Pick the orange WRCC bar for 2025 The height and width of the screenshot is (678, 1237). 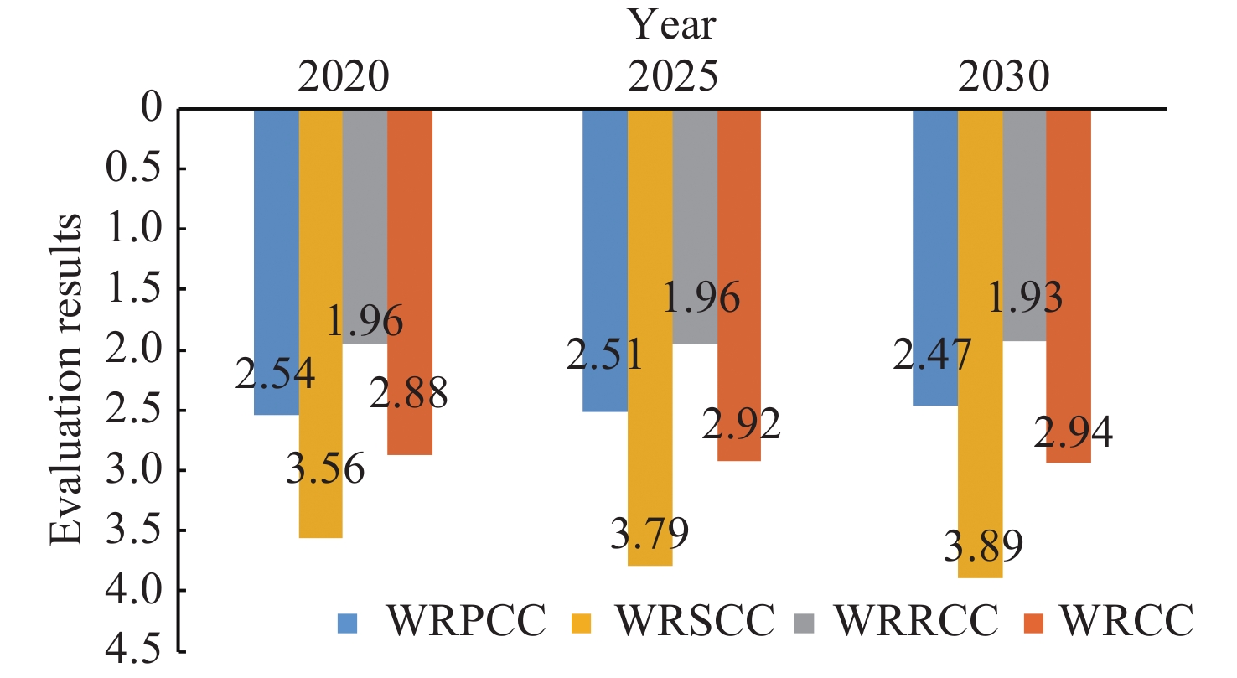[x=739, y=285]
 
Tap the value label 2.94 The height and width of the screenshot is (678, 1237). [x=1072, y=433]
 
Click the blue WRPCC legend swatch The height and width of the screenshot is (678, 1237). [x=347, y=623]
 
